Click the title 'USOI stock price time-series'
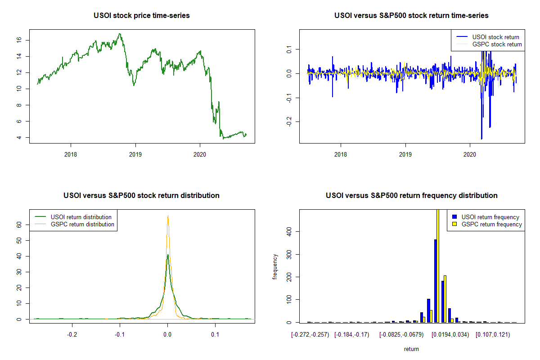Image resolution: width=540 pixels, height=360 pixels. [142, 16]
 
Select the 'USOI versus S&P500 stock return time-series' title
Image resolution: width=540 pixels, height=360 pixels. [411, 16]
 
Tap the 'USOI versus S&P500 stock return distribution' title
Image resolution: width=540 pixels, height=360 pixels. [142, 196]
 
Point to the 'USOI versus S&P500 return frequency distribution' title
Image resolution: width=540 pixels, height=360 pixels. [411, 196]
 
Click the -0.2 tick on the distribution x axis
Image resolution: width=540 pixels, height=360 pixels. [72, 335]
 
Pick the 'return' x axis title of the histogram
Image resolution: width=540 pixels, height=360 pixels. [411, 349]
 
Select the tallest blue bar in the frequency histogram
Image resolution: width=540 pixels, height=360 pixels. [435, 281]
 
